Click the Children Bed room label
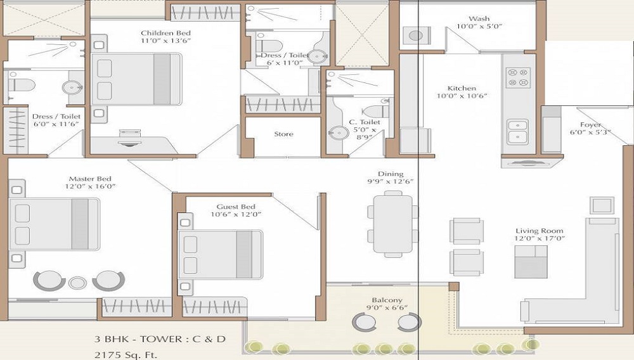pyautogui.click(x=165, y=33)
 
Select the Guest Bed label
pyautogui.click(x=236, y=207)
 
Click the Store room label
pyautogui.click(x=283, y=134)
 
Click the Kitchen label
pyautogui.click(x=461, y=88)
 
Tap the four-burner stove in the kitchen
pyautogui.click(x=518, y=77)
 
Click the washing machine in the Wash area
pyautogui.click(x=416, y=36)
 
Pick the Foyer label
pyautogui.click(x=590, y=125)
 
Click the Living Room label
pyautogui.click(x=539, y=231)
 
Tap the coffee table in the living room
pyautogui.click(x=531, y=262)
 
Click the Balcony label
pyautogui.click(x=387, y=300)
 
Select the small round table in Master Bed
pyautogui.click(x=77, y=283)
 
